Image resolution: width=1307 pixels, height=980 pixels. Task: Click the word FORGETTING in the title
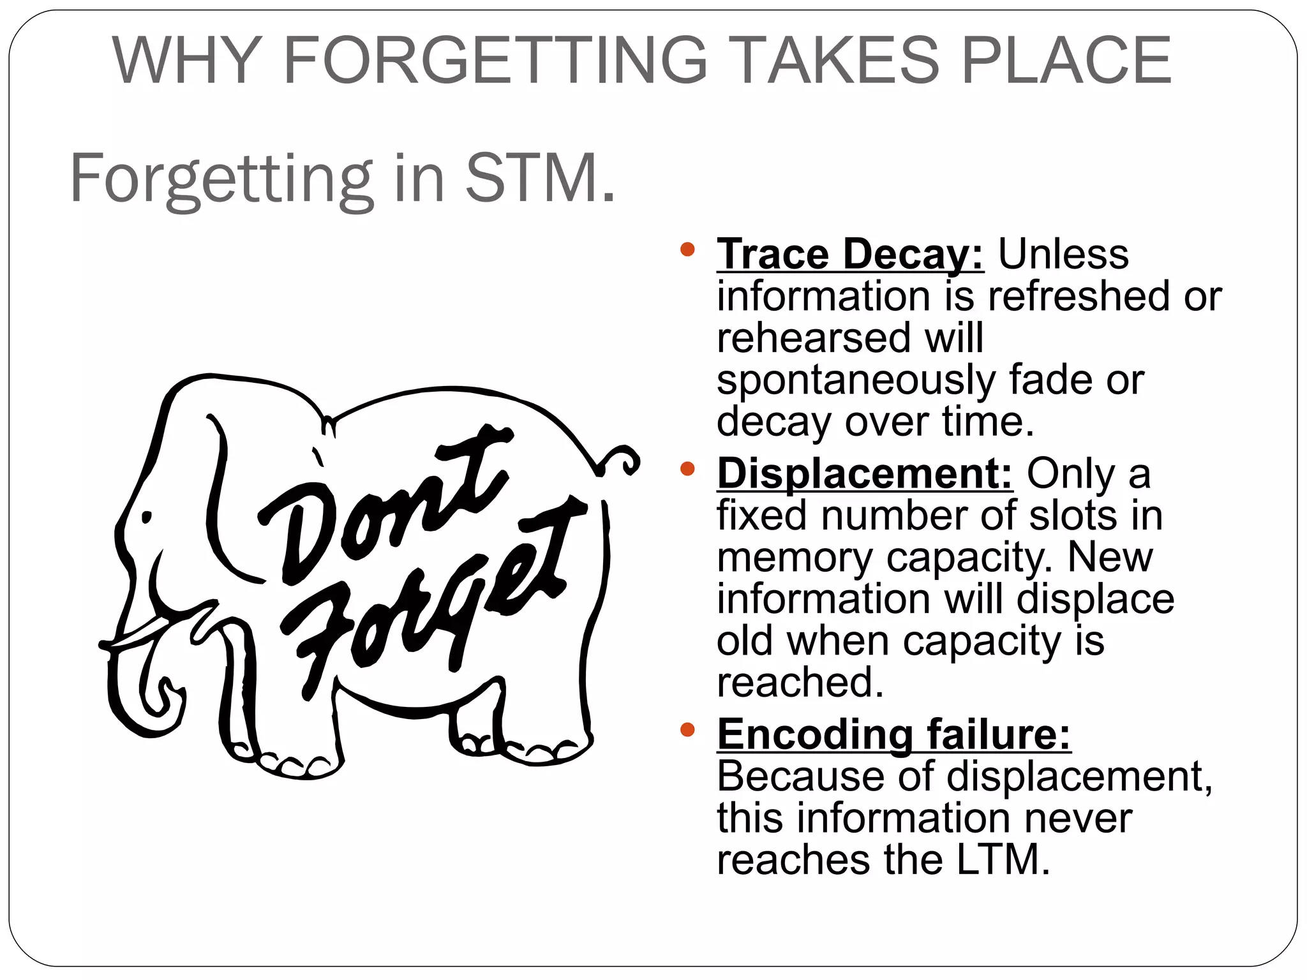[x=495, y=61]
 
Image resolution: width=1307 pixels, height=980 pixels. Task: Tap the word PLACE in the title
[x=1066, y=61]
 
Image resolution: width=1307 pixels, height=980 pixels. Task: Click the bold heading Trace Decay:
[x=849, y=255]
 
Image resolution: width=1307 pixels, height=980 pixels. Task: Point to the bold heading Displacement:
[x=865, y=474]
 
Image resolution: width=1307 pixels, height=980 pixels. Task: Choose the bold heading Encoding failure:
[x=893, y=734]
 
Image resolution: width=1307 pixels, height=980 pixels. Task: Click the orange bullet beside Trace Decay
[x=687, y=249]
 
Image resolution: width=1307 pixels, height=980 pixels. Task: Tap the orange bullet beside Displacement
[x=687, y=470]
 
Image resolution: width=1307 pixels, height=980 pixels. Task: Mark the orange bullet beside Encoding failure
[x=687, y=729]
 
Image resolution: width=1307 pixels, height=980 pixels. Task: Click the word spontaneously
[x=855, y=381]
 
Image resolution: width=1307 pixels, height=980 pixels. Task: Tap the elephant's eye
[x=147, y=517]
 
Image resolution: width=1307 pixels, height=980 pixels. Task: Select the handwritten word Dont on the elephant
[x=383, y=504]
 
